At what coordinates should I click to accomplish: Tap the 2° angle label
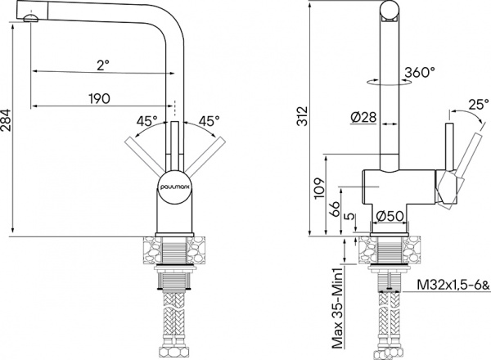pos(101,64)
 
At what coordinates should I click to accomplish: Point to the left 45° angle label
pos(147,120)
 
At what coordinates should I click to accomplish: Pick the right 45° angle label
pos(207,120)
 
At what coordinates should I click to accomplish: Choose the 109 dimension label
pos(318,191)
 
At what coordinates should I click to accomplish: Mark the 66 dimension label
pos(335,207)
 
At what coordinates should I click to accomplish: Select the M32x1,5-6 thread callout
pos(450,286)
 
